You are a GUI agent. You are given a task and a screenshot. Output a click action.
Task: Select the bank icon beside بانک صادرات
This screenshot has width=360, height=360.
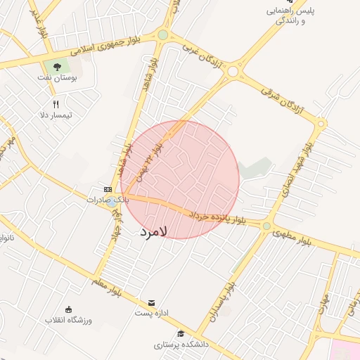(108, 189)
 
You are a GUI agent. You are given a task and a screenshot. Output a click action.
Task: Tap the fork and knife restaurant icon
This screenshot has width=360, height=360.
(56, 104)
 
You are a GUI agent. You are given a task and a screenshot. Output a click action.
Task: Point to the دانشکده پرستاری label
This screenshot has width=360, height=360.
(181, 345)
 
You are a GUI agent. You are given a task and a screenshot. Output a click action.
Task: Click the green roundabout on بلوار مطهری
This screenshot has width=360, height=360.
(266, 226)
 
